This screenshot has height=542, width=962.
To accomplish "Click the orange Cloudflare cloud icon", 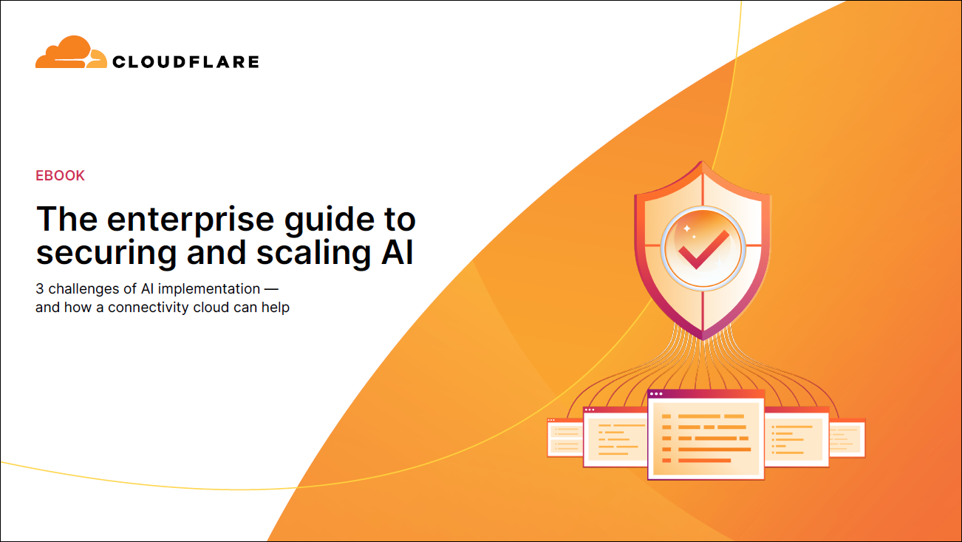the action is coord(71,52).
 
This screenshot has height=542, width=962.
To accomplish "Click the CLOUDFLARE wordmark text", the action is coord(185,62).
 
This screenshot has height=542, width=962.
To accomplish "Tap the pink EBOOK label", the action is coord(60,175).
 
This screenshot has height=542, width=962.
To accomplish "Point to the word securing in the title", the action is coord(106,254).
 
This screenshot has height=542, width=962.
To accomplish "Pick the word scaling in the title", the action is coord(314,254).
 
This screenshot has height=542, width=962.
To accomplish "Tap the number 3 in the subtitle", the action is coord(39,289).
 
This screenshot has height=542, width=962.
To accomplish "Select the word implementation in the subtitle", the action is coord(208,289).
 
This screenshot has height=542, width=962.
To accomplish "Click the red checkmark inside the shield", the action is coord(703,250).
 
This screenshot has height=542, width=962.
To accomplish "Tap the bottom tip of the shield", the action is coord(703,339).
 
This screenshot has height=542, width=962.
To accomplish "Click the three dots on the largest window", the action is coord(656,393).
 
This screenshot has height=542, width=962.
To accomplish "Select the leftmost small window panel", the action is coord(565,438).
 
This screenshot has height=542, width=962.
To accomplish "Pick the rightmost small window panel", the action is coord(847,438).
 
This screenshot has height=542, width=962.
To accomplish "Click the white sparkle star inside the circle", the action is coord(686,228).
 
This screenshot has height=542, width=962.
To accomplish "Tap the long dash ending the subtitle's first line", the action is coord(271,289).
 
